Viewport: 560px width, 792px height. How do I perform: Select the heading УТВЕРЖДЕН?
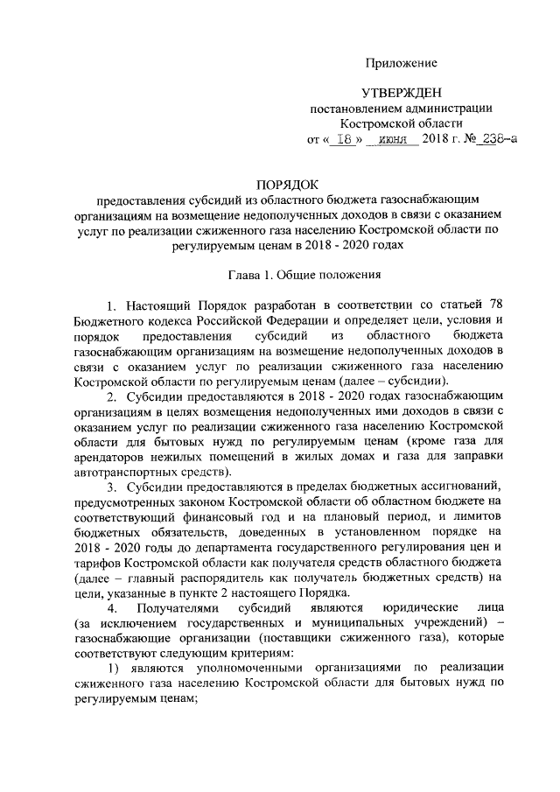tap(402, 94)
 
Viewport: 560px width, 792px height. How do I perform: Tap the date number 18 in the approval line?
tap(347, 140)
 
